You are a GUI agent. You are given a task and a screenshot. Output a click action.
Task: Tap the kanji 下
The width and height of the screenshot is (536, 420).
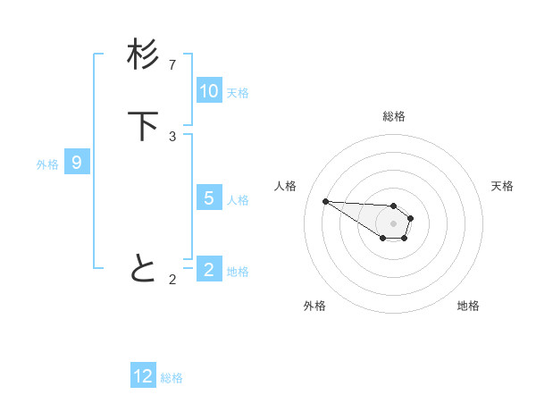[x=143, y=126]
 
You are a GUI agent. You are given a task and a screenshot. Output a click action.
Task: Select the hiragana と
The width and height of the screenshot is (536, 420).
[x=143, y=268]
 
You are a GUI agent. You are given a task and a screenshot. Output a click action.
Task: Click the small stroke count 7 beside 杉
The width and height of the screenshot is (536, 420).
[x=172, y=64]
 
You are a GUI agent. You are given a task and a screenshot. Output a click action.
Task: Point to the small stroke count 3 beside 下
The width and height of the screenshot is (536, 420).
[x=172, y=136]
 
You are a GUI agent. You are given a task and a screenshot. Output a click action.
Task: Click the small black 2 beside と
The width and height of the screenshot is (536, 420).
[x=172, y=279]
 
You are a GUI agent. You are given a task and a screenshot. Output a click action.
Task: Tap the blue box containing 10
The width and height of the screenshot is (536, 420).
[x=209, y=91]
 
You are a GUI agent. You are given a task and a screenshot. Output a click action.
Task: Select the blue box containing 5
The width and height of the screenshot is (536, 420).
[x=209, y=198]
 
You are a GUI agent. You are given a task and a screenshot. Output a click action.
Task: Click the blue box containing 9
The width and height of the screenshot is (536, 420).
[x=77, y=163]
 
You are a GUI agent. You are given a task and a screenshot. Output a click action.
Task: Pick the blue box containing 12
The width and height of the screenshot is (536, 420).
[x=143, y=376]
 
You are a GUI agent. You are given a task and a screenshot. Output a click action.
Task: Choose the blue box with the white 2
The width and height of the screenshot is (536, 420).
[x=209, y=270]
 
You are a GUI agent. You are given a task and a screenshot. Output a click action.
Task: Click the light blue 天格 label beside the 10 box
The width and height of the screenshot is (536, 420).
[x=238, y=93]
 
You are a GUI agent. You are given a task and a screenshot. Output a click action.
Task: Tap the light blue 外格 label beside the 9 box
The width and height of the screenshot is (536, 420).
[x=47, y=164]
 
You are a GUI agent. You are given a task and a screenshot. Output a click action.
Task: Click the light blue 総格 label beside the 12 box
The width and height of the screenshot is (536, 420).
[x=172, y=378]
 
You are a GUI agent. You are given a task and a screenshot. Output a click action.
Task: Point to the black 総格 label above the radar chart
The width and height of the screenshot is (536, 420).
[x=394, y=116]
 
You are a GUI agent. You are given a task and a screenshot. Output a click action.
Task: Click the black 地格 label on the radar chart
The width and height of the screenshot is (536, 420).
[x=468, y=307]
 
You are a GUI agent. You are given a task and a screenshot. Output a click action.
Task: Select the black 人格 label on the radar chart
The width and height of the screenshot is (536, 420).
[x=286, y=186]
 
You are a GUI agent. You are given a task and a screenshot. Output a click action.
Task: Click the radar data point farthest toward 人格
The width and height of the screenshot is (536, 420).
[x=325, y=201]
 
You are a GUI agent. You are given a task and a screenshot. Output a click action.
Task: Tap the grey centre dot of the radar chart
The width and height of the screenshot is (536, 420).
[x=393, y=223]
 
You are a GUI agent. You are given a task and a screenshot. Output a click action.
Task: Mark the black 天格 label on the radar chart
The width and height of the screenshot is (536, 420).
[x=502, y=186]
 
